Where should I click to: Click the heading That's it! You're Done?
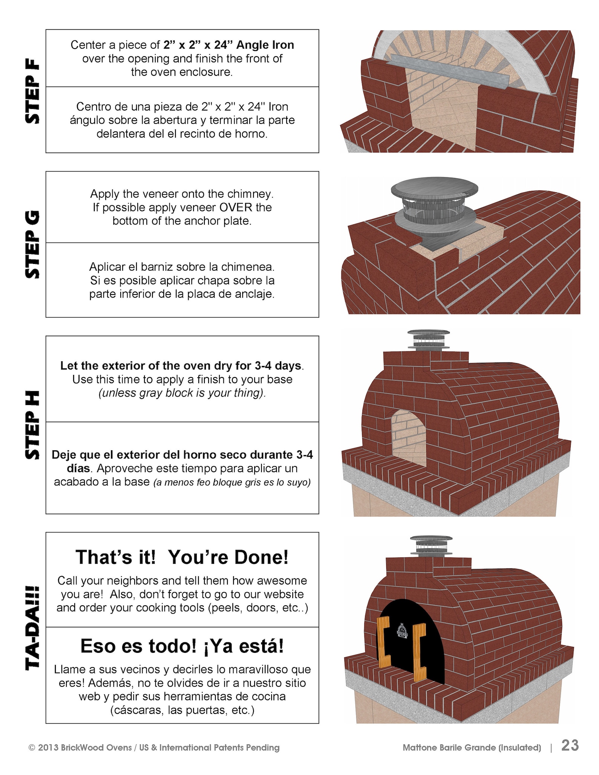[182, 557]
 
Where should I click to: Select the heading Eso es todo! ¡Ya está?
[182, 646]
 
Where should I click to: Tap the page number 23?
[570, 746]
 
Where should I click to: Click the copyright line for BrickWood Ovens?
[154, 747]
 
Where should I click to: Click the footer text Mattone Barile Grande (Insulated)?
[472, 747]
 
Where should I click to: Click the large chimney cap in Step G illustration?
[435, 189]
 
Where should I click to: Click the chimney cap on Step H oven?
[429, 339]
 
